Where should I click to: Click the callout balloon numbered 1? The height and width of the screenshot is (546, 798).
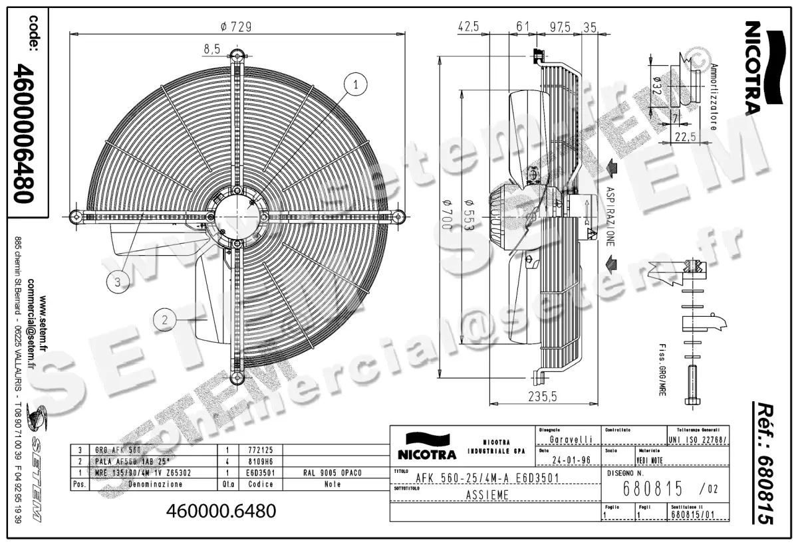point(356,84)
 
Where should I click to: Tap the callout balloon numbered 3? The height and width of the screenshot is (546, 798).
point(118,282)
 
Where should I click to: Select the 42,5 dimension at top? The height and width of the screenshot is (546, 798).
point(469,27)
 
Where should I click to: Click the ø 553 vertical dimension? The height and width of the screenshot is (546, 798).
point(468,215)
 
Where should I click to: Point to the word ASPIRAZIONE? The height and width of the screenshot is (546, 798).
point(608,216)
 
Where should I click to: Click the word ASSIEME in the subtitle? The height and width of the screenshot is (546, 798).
point(487,495)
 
